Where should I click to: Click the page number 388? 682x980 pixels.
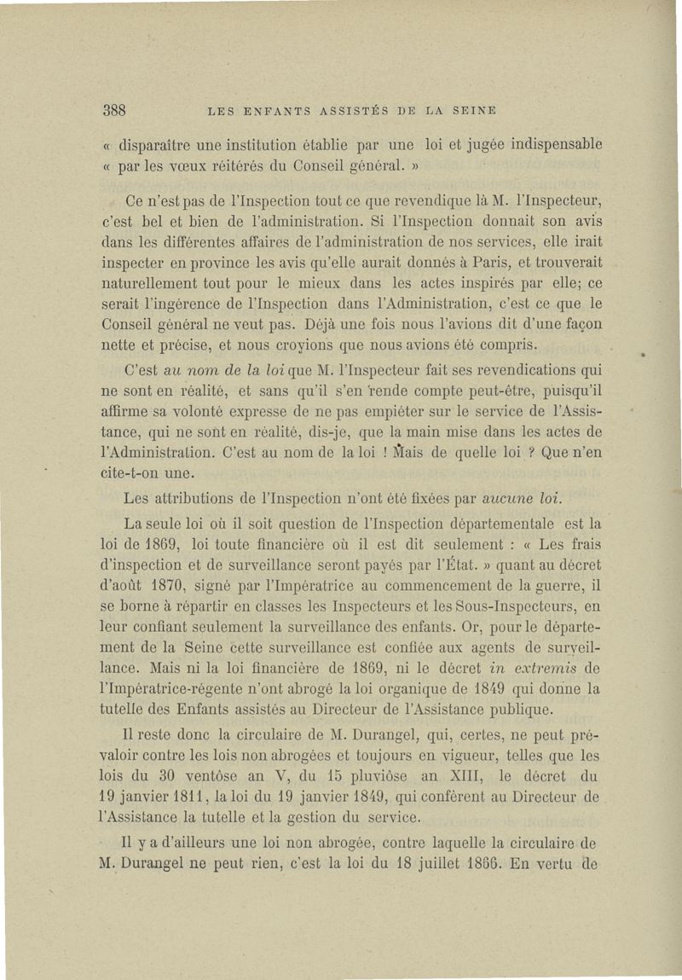coord(115,110)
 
